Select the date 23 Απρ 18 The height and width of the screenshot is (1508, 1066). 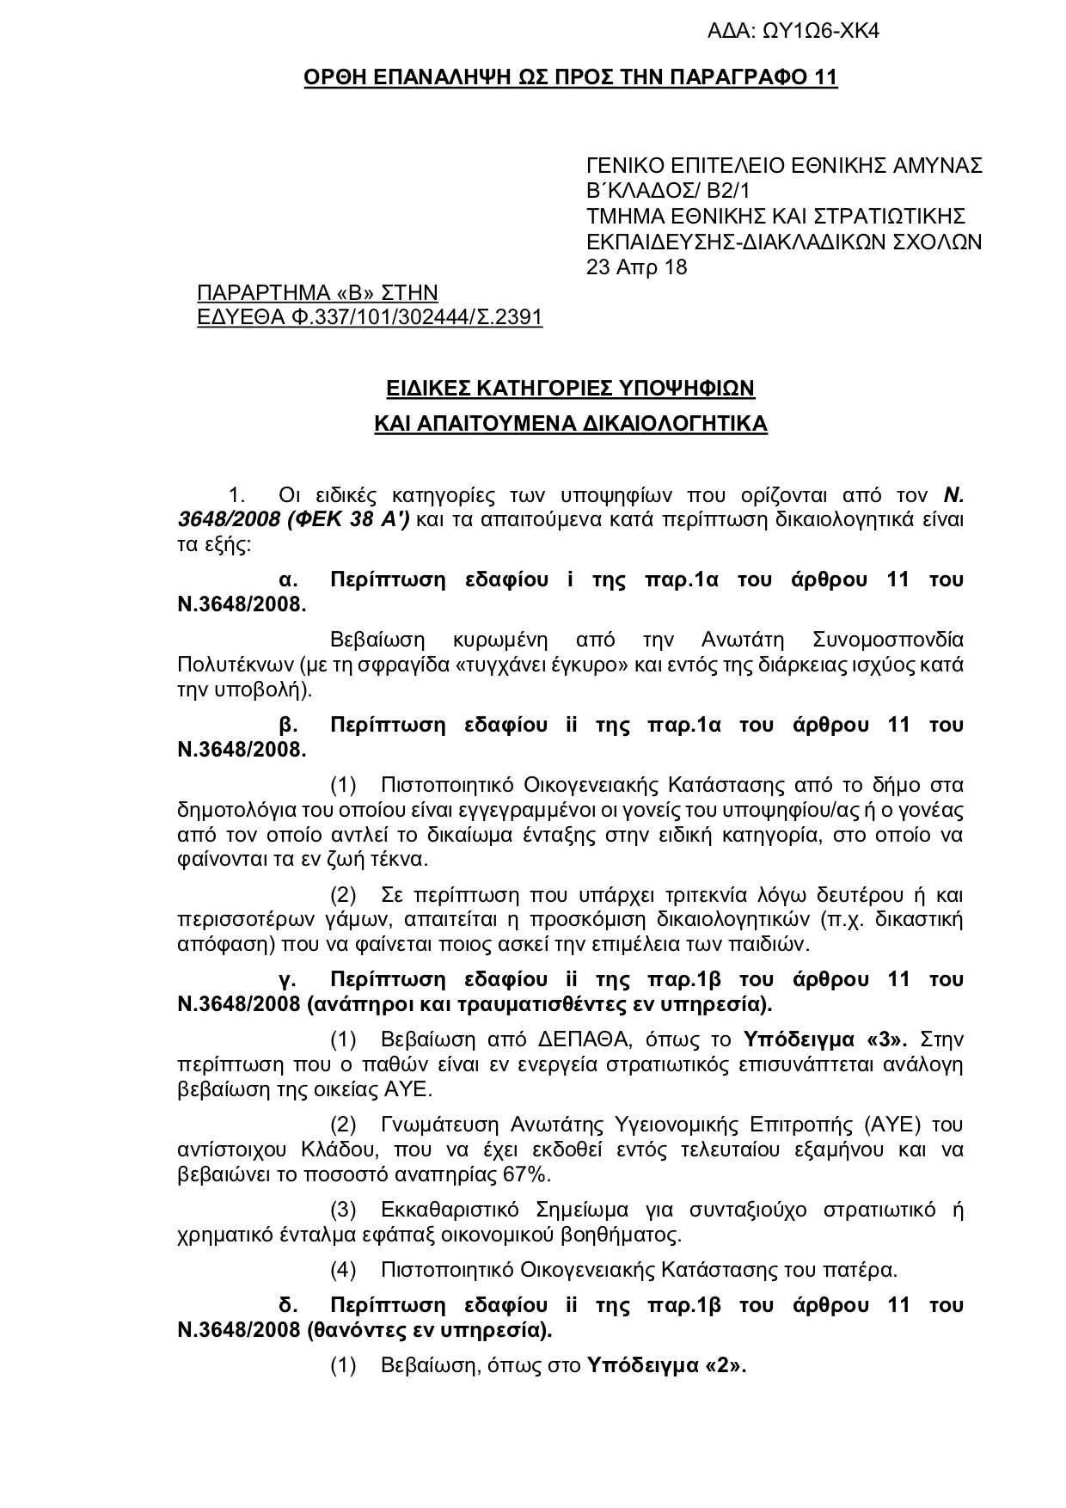pos(636,267)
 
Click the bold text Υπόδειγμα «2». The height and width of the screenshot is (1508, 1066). pos(665,1366)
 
